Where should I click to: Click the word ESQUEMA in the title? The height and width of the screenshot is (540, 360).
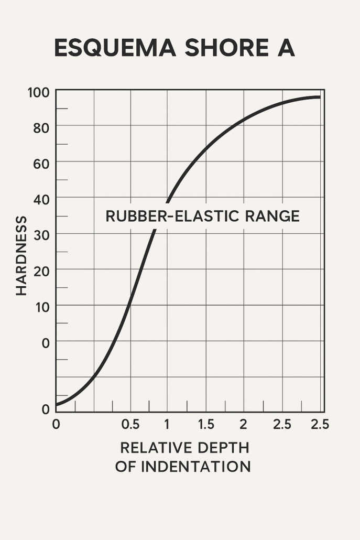point(112,48)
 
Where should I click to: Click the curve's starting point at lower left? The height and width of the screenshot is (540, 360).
point(57,404)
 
